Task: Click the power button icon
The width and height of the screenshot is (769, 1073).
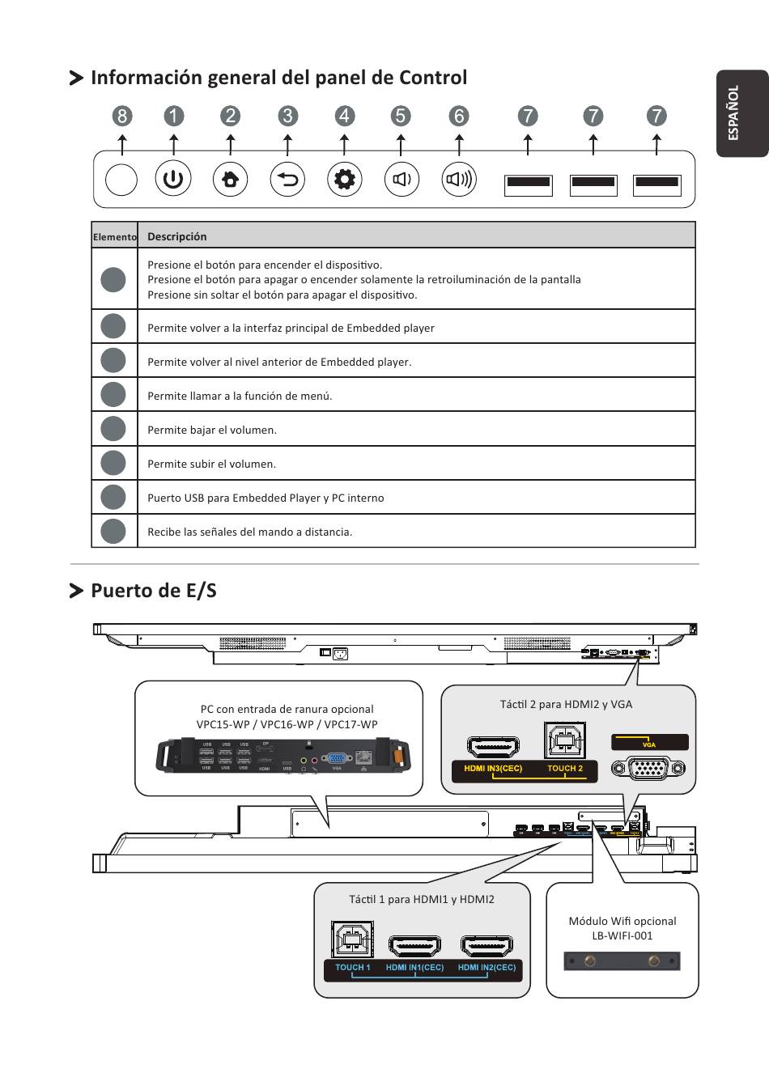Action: tap(173, 179)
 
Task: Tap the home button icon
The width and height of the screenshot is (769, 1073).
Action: tap(231, 179)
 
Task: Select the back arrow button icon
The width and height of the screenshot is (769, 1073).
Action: tap(287, 179)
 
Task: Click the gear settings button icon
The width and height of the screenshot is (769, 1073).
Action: tap(345, 179)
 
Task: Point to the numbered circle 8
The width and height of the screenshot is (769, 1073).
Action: tap(121, 116)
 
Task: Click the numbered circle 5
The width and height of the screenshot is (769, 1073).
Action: tap(401, 116)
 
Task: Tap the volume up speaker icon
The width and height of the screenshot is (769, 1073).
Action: tap(459, 179)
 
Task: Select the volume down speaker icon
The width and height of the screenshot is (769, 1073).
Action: tap(401, 179)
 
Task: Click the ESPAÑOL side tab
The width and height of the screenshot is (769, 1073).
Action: tap(739, 112)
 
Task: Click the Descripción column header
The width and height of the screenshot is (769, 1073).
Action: tap(177, 236)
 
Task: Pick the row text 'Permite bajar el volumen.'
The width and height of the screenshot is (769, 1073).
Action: tap(212, 430)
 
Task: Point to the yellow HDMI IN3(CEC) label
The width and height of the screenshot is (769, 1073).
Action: tap(493, 769)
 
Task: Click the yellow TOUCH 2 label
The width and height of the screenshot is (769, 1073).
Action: tap(565, 769)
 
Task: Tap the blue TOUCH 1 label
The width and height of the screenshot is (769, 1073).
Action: tap(352, 968)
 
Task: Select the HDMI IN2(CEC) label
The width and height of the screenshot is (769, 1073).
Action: tap(486, 968)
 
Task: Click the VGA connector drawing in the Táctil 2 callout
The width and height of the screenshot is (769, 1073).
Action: tap(649, 766)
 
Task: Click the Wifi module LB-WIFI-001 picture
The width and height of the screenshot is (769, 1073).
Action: tap(622, 961)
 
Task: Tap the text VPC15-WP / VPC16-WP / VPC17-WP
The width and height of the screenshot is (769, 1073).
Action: tap(287, 724)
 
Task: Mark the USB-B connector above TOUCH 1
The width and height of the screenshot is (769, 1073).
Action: tap(352, 939)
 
